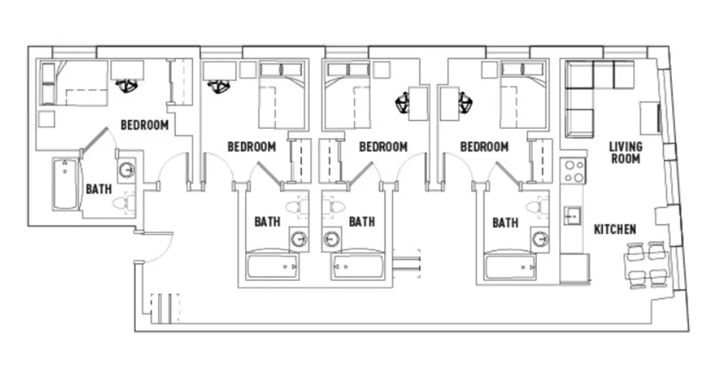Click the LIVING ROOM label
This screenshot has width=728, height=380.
point(625,152)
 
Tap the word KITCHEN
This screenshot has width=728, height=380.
point(615,229)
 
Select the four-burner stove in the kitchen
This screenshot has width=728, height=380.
point(573,171)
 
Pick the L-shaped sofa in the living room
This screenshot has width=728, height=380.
point(589,90)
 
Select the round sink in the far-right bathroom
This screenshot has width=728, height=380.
point(540,239)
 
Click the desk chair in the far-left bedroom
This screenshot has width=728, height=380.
point(127,86)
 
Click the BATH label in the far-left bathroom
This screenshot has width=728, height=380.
point(99,189)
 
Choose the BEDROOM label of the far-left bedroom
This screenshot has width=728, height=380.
point(144,125)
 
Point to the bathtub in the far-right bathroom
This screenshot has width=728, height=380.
point(510,267)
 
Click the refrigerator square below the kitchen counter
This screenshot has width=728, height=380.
point(575,268)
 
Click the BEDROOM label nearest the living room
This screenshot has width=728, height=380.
point(484,147)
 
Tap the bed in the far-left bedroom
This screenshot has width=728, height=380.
point(78,83)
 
